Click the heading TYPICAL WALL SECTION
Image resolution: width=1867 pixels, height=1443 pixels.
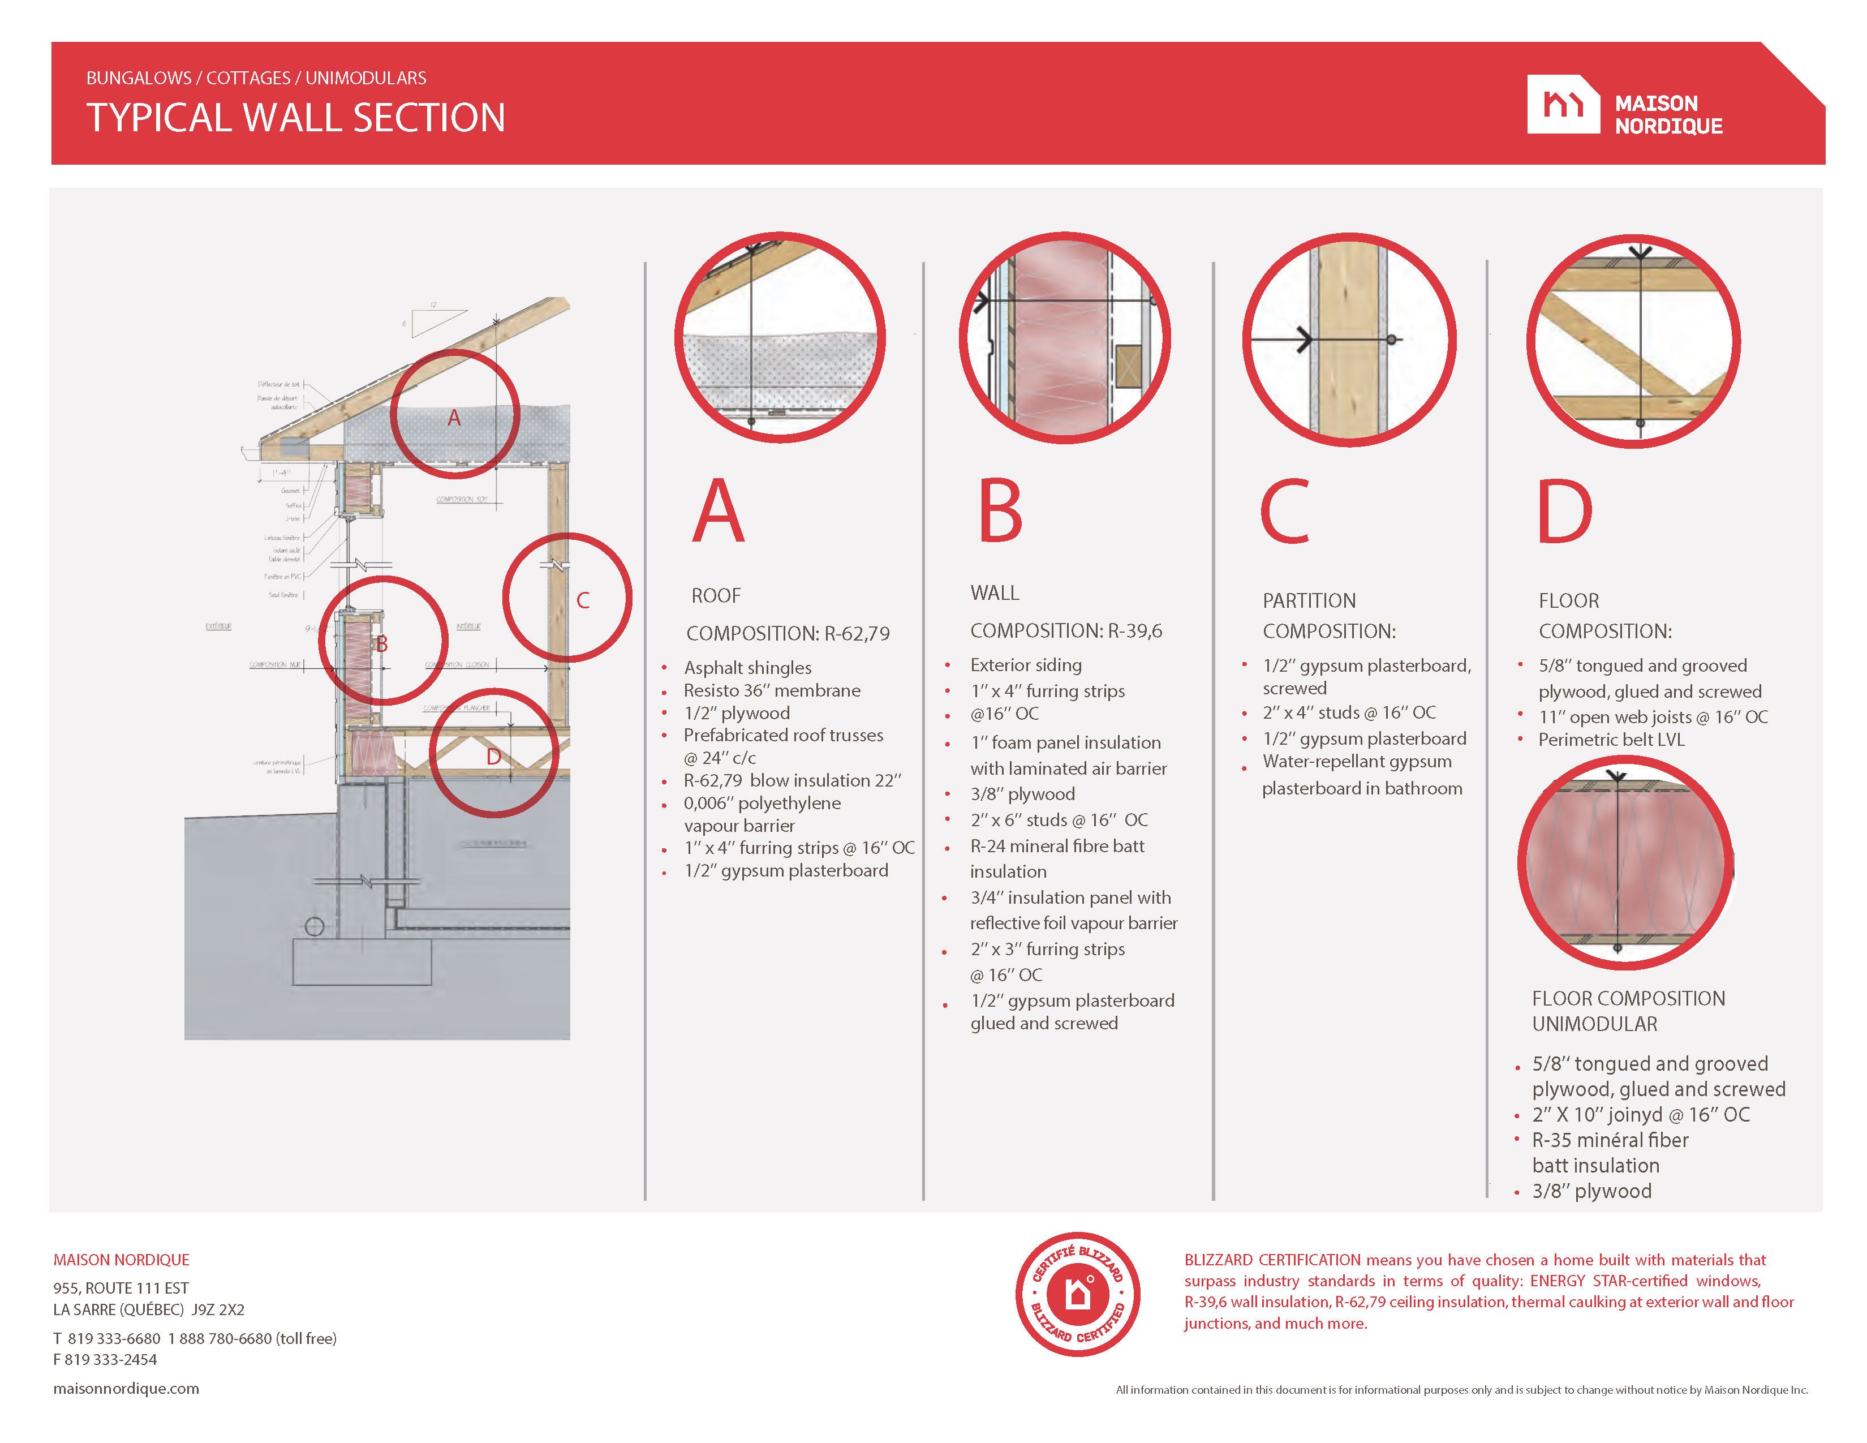296,118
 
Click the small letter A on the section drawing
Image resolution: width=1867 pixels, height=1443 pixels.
454,418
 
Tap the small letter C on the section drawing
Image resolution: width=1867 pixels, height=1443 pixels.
583,600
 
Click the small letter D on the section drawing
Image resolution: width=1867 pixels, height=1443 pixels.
493,757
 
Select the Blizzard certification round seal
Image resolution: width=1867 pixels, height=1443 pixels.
1077,1294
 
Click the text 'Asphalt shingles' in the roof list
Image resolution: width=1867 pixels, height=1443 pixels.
747,668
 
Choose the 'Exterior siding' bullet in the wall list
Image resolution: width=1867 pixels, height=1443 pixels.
1026,665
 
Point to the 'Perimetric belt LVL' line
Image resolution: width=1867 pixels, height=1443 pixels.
1611,740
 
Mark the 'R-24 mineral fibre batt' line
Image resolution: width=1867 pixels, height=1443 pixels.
1057,845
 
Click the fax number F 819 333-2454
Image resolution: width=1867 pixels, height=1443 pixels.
105,1359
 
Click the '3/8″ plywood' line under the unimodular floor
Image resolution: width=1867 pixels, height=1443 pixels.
1591,1191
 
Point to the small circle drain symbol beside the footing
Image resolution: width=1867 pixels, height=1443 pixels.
314,927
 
